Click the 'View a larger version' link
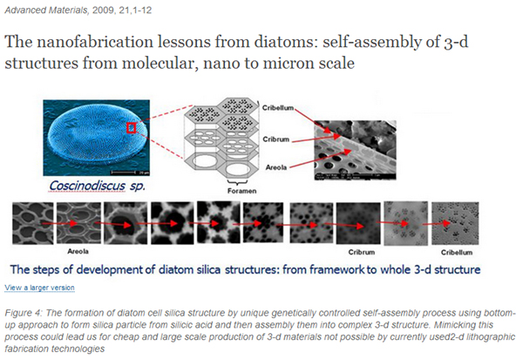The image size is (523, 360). click(39, 288)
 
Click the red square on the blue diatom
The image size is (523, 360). click(131, 128)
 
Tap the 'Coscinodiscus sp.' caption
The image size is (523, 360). click(97, 186)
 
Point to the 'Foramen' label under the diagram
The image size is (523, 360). click(241, 191)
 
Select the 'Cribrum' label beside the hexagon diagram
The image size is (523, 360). click(275, 139)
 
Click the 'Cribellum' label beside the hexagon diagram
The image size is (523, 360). click(278, 108)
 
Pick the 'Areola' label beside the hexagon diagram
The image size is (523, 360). click(275, 167)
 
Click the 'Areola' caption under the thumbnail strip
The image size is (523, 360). click(78, 251)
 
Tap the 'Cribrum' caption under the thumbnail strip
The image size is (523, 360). click(362, 252)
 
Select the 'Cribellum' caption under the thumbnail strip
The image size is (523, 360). click(457, 253)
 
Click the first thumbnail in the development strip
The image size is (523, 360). click(33, 223)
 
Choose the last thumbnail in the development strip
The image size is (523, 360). click(455, 223)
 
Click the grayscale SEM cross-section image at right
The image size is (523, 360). click(356, 150)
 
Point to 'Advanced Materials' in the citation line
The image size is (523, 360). click(46, 10)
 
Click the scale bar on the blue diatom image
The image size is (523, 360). click(124, 173)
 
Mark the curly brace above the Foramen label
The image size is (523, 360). click(237, 182)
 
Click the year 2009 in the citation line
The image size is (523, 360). click(104, 10)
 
